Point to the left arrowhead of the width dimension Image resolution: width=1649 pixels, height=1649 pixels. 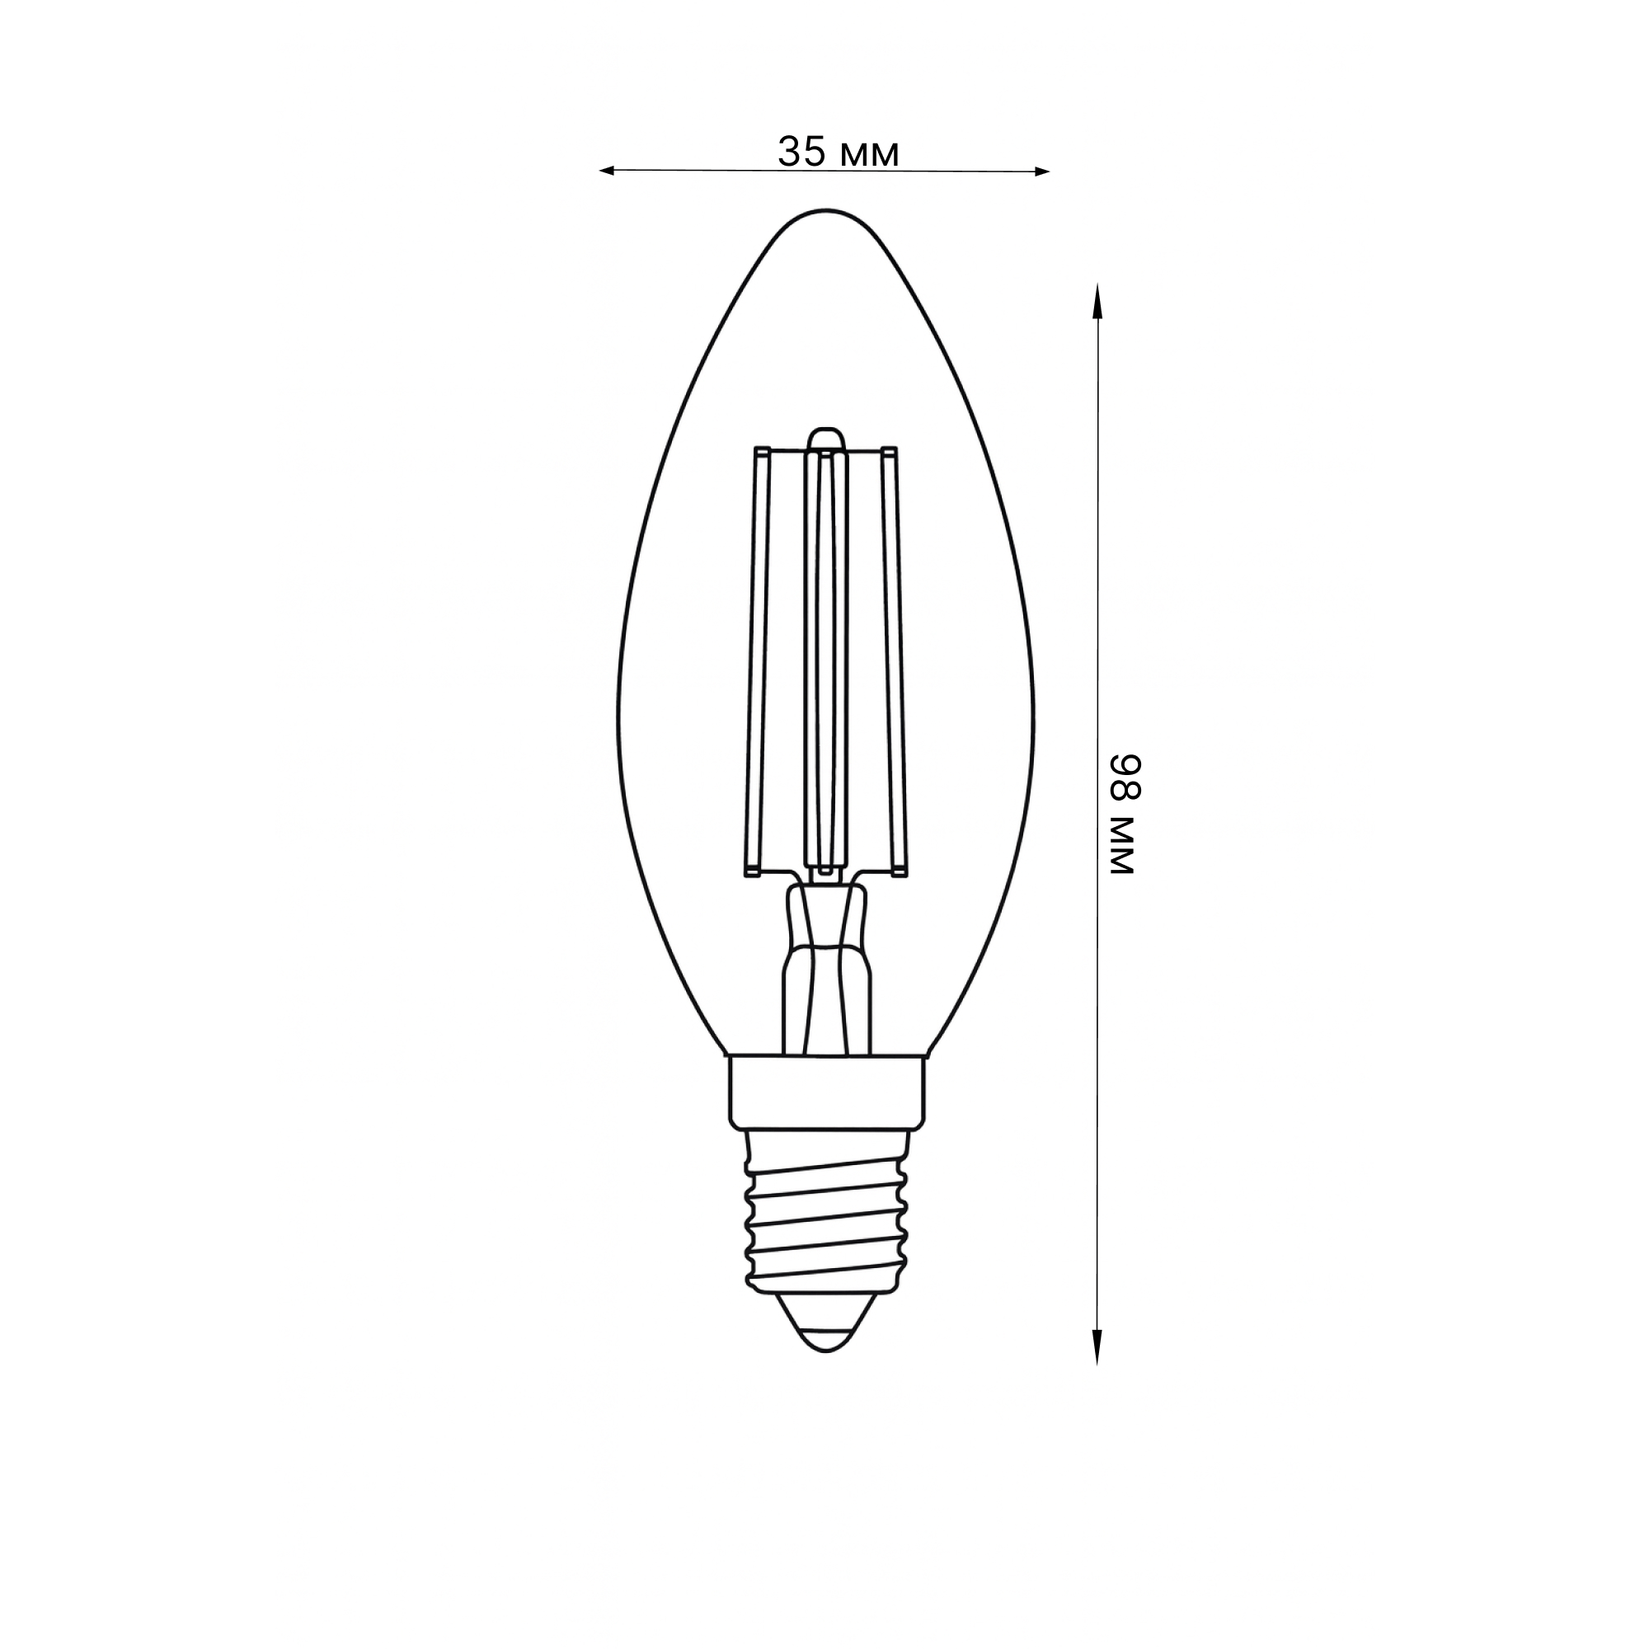coord(607,171)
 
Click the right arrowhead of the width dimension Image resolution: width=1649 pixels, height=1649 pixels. coord(1041,171)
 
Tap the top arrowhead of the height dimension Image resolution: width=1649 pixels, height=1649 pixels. coord(1097,300)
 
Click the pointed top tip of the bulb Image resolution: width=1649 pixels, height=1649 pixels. coord(825,210)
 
